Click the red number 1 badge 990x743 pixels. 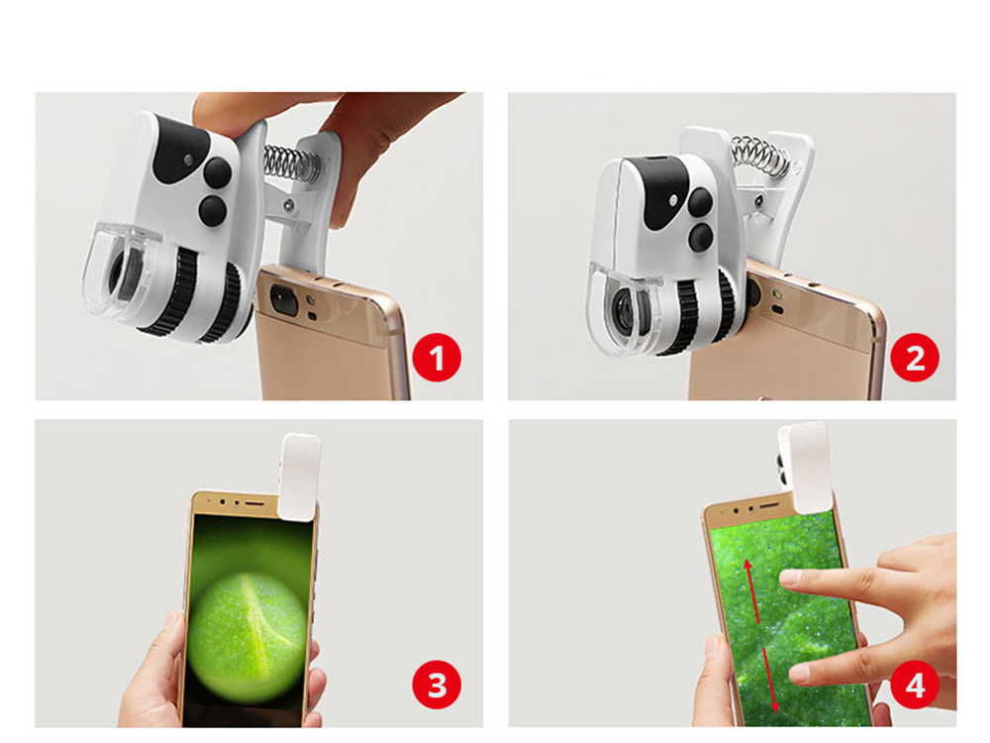pyautogui.click(x=437, y=357)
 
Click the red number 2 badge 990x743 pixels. pyautogui.click(x=915, y=357)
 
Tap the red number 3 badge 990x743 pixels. pyautogui.click(x=437, y=685)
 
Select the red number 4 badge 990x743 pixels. pyautogui.click(x=915, y=685)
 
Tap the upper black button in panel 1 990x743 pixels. pyautogui.click(x=217, y=171)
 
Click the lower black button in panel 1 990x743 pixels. pyautogui.click(x=212, y=210)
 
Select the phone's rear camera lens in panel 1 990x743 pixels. pyautogui.click(x=284, y=299)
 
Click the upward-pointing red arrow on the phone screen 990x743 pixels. pyautogui.click(x=751, y=590)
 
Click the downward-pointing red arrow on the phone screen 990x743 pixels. pyautogui.click(x=771, y=680)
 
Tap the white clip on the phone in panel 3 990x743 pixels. pyautogui.click(x=299, y=478)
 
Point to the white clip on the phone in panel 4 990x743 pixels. pyautogui.click(x=803, y=468)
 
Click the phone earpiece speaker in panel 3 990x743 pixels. pyautogui.click(x=254, y=503)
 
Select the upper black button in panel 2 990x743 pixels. pyautogui.click(x=700, y=201)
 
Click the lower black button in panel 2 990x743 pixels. pyautogui.click(x=700, y=237)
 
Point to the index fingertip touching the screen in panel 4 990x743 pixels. pyautogui.click(x=789, y=577)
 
